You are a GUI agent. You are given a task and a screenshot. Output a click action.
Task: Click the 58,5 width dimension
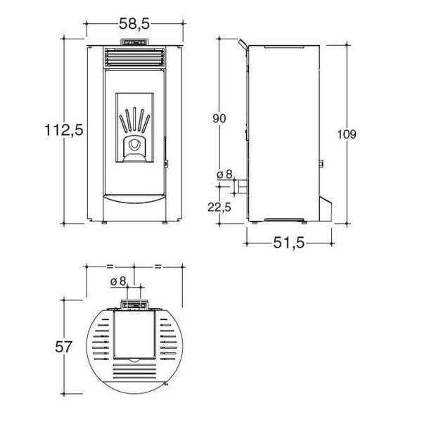pyautogui.click(x=134, y=24)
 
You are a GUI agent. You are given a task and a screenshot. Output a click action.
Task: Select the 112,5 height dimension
pyautogui.click(x=64, y=129)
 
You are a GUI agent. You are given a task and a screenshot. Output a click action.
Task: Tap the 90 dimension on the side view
pyautogui.click(x=219, y=118)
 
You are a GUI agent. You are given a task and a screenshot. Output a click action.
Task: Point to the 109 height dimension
pyautogui.click(x=347, y=134)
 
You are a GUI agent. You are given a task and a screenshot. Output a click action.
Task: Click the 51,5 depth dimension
pyautogui.click(x=289, y=243)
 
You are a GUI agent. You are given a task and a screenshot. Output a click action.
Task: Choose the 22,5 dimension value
pyautogui.click(x=219, y=207)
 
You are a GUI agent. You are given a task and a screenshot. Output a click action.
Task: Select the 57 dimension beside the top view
pyautogui.click(x=63, y=347)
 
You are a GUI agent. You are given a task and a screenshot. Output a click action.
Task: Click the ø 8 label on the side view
pyautogui.click(x=224, y=174)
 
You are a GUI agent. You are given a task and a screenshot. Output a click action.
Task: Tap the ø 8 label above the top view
pyautogui.click(x=118, y=281)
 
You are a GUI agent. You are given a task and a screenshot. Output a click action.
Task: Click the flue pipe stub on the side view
pyautogui.click(x=242, y=186)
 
